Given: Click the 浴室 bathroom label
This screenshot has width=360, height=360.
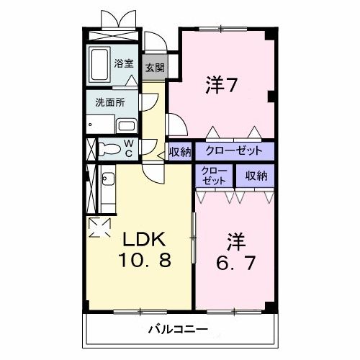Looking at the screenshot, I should [x=124, y=64].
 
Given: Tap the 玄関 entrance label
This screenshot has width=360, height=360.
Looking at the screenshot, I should [x=153, y=68].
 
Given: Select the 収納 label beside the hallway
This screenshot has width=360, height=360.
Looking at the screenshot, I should [x=180, y=152].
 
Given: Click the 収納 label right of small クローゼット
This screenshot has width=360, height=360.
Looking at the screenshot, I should [x=256, y=174].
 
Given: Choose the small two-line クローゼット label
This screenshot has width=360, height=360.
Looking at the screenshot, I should [x=214, y=175].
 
